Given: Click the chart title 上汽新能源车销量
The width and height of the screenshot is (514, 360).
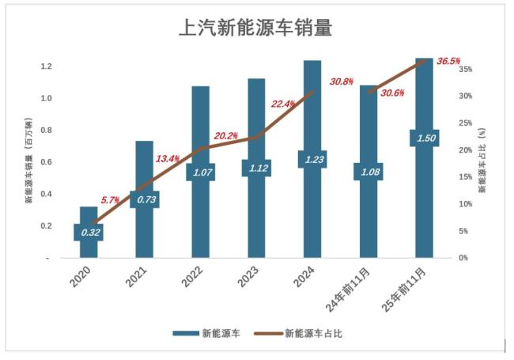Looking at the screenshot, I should pos(255,28).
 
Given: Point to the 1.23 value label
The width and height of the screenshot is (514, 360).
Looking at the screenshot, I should pos(312,160).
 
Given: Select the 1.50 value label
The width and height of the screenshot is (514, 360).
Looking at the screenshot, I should pos(424,138).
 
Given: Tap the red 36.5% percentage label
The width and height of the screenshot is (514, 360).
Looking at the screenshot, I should pos(448,61).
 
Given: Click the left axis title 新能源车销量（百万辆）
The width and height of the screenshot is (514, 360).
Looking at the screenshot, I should pos(28,162).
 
